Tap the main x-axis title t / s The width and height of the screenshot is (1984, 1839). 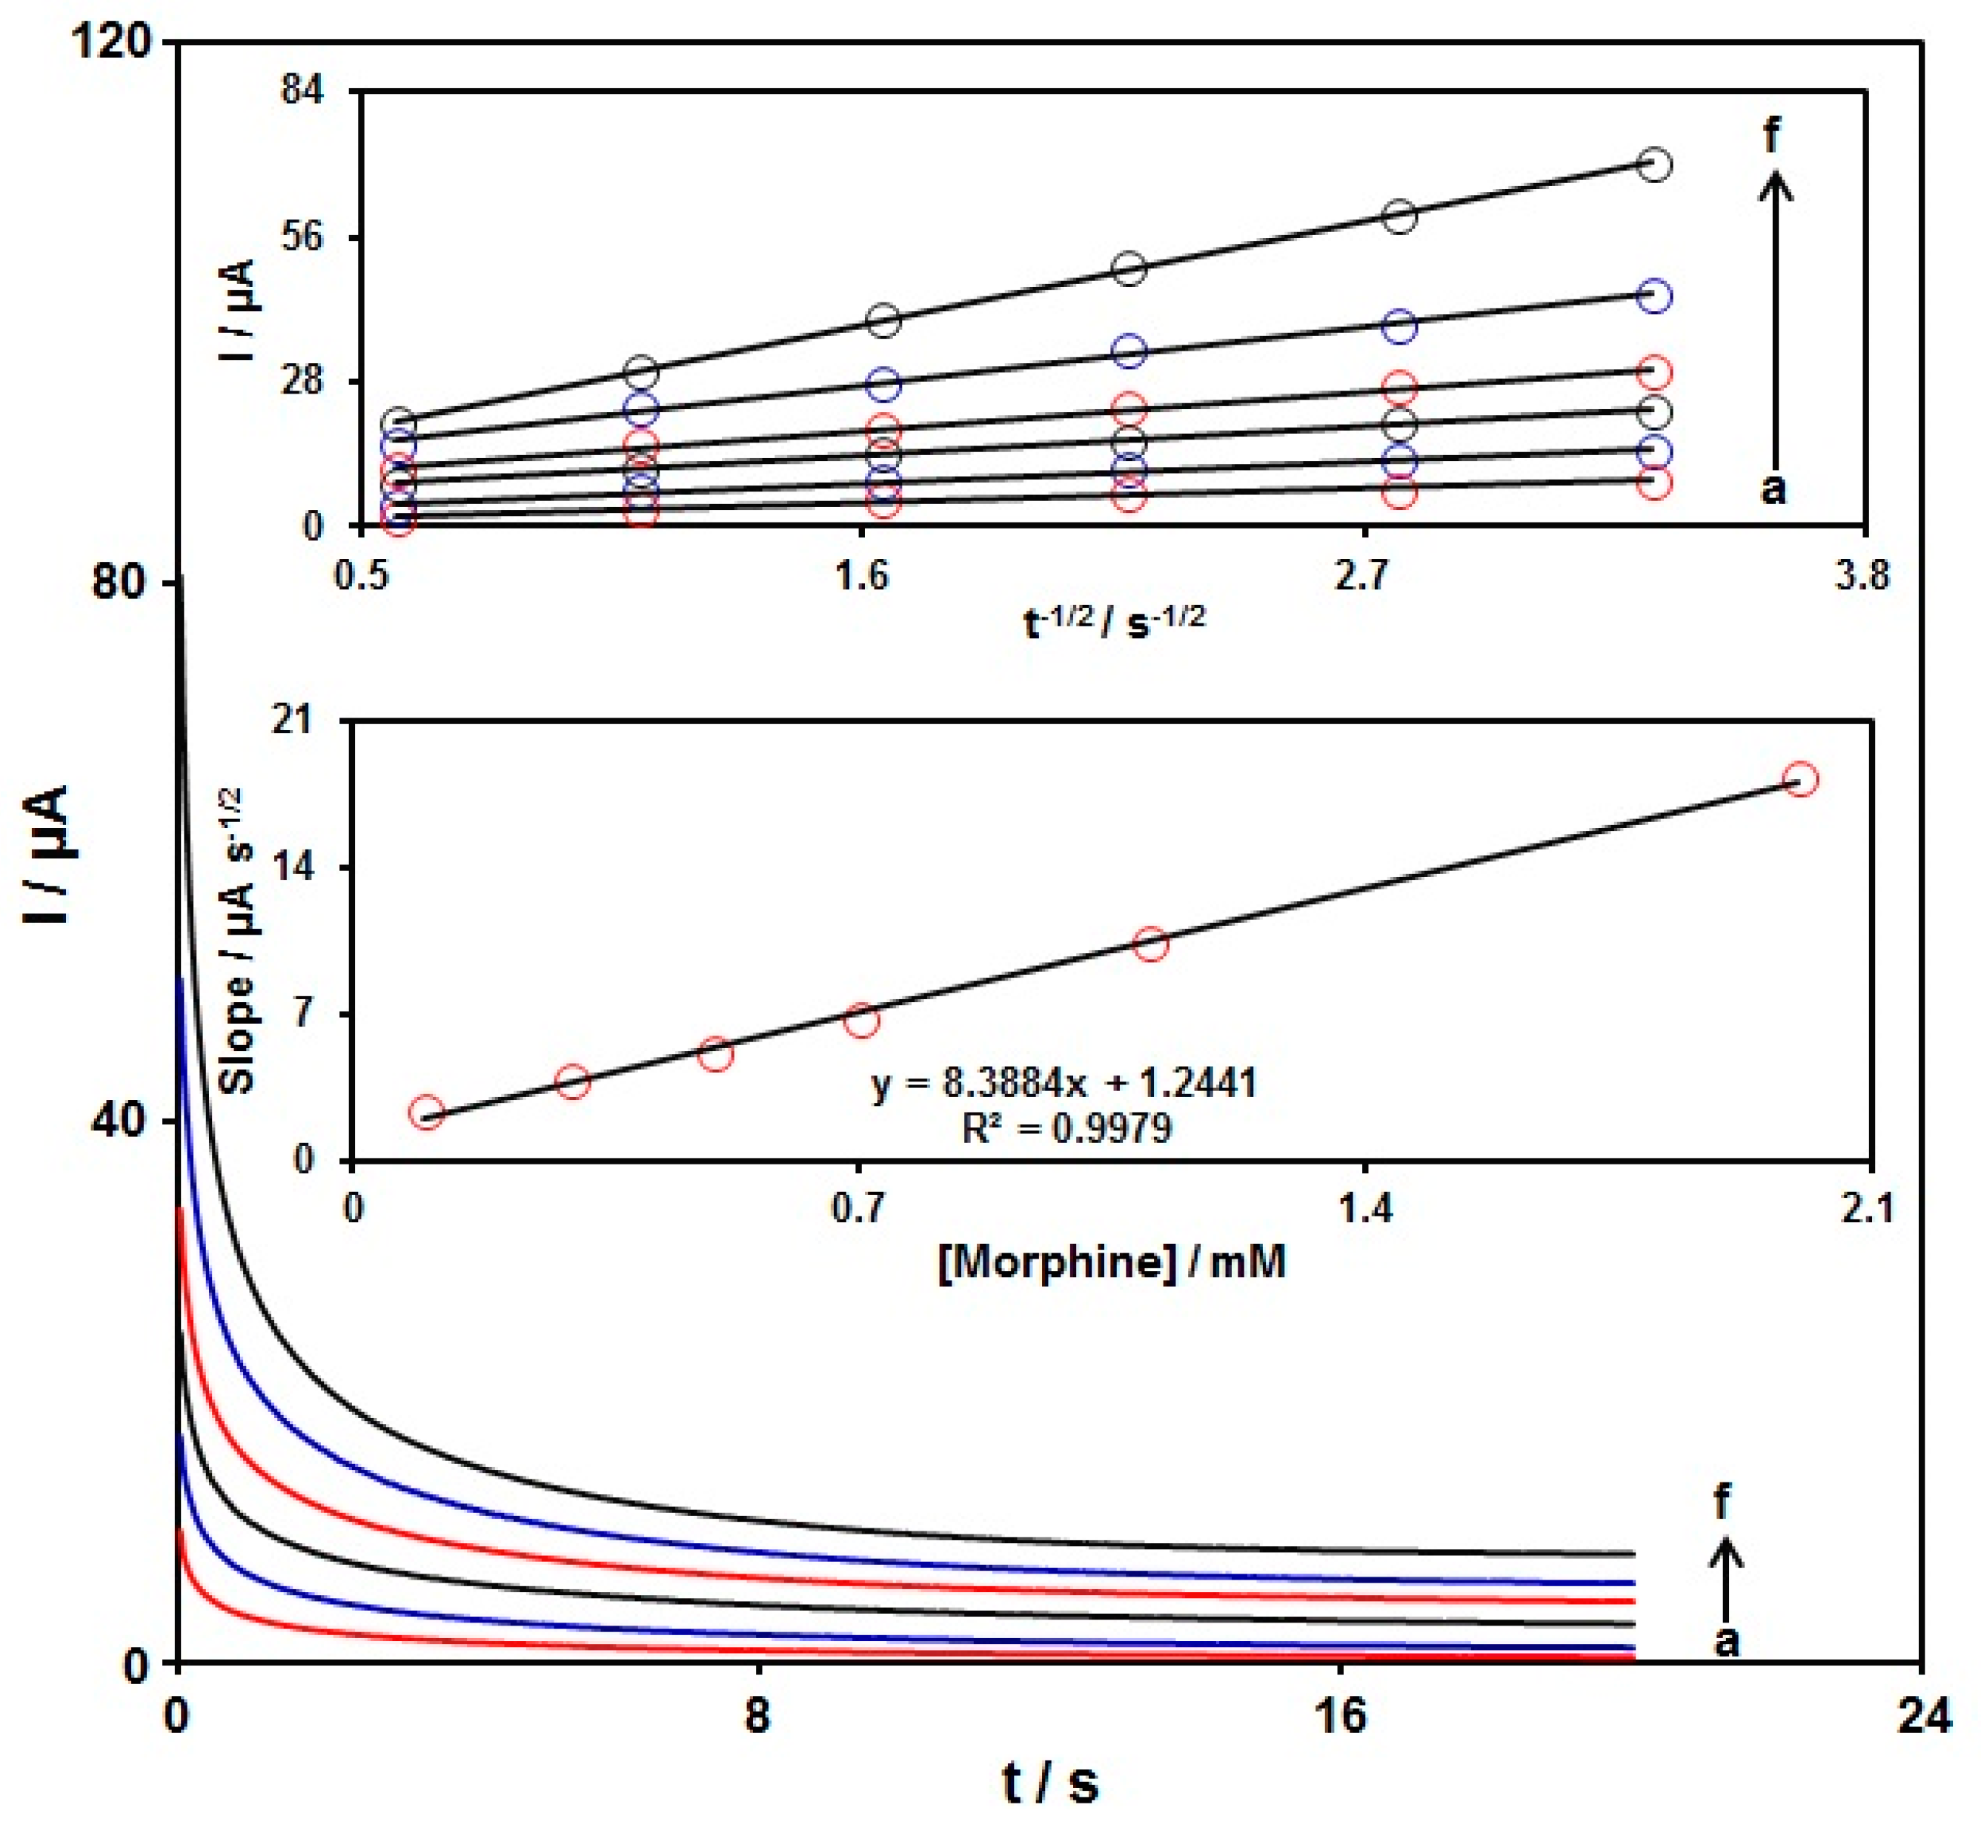coord(1049,1784)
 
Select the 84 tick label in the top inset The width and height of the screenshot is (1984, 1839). coord(302,92)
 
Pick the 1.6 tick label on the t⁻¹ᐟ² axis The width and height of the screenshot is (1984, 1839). coord(862,576)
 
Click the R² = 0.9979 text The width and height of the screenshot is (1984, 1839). coord(1066,1128)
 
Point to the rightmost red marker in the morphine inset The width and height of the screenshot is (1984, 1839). coord(1801,779)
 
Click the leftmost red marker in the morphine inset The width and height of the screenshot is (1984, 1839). coord(427,1113)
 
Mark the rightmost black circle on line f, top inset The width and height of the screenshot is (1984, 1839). coord(1653,165)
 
